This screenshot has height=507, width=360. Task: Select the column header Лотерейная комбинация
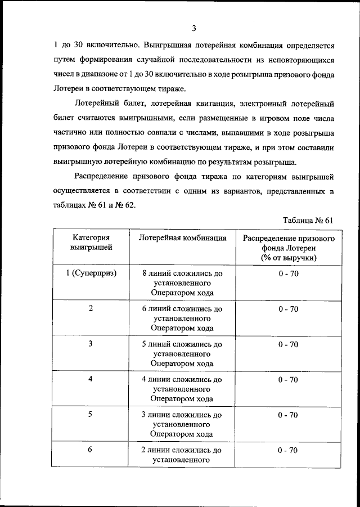(x=182, y=238)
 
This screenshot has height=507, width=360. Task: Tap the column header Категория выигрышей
(x=91, y=243)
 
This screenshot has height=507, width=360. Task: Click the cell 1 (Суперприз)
(x=91, y=273)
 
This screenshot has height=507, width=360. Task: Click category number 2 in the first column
(x=91, y=308)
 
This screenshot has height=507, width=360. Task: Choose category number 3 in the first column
(x=91, y=344)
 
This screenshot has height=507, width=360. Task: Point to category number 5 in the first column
(x=91, y=414)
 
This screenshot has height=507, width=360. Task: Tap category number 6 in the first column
(x=91, y=450)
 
